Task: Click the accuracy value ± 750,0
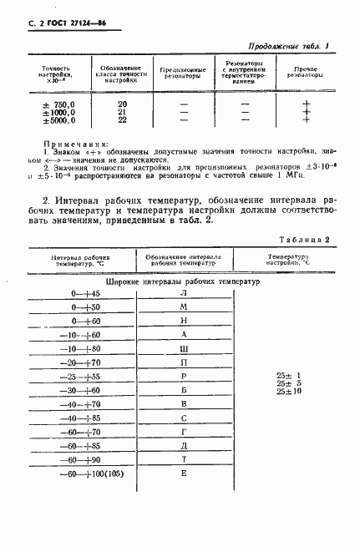pyautogui.click(x=59, y=103)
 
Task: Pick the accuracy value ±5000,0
pyautogui.click(x=59, y=119)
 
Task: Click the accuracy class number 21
pyautogui.click(x=122, y=111)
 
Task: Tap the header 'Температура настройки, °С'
pyautogui.click(x=288, y=261)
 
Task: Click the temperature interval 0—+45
pyautogui.click(x=85, y=294)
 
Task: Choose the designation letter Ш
pyautogui.click(x=183, y=347)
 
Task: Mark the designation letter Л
pyautogui.click(x=183, y=294)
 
